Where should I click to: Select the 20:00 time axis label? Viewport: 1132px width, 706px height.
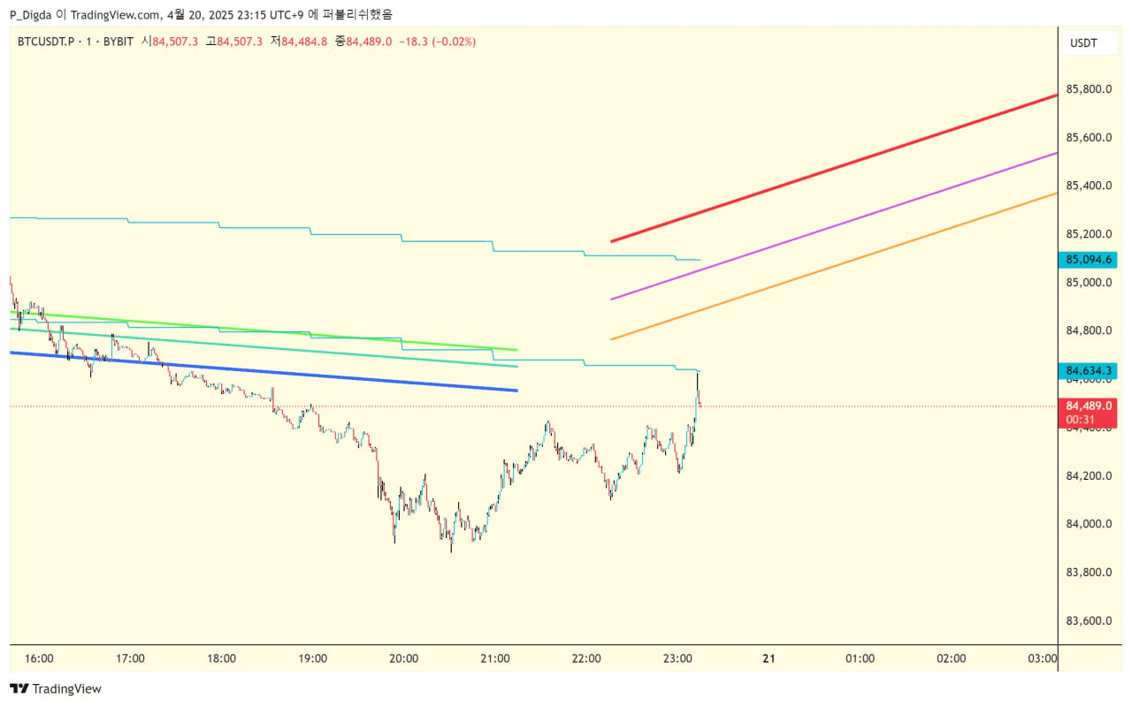coord(404,658)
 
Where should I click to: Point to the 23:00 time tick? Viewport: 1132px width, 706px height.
coord(677,658)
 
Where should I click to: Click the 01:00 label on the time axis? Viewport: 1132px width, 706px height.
coord(860,658)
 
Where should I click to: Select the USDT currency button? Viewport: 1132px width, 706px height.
coord(1083,42)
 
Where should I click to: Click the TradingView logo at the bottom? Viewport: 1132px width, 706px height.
coord(56,688)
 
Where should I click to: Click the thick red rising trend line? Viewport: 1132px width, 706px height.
coord(831,168)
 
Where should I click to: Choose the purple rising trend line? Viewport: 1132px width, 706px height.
coord(831,226)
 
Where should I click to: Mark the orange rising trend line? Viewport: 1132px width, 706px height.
coord(831,265)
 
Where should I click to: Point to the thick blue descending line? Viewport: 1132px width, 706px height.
coord(265,371)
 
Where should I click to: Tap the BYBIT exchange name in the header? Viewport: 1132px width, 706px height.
coord(118,41)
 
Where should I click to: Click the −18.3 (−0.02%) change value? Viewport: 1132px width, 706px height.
coord(438,41)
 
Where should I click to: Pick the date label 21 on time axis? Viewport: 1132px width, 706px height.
coord(769,658)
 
